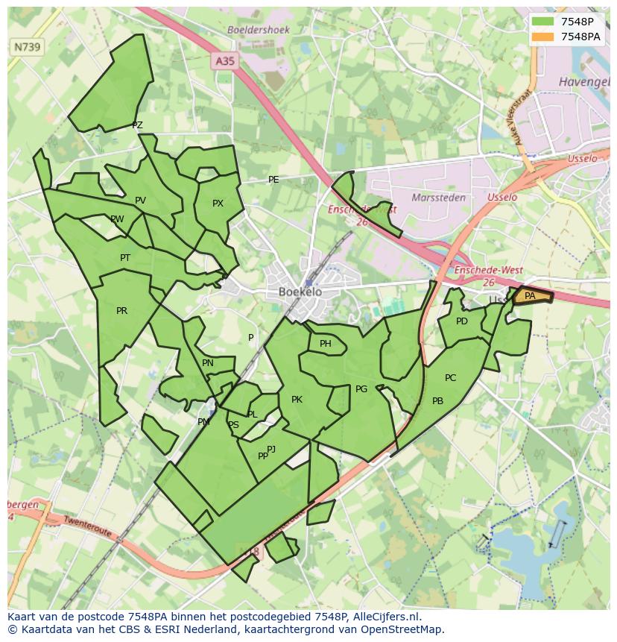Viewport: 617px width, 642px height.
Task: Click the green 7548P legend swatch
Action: (x=543, y=22)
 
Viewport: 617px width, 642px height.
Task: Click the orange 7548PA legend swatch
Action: (x=543, y=37)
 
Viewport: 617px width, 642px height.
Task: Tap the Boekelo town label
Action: (x=300, y=292)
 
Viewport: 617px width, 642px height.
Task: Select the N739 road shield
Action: (x=28, y=47)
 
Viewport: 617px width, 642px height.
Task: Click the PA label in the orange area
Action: (x=530, y=296)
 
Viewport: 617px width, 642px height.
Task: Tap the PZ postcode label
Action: (x=137, y=125)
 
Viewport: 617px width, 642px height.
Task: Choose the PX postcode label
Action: (x=218, y=204)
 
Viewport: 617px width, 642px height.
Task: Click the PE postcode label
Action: (x=273, y=180)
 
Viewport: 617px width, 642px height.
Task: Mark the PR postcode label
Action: (x=121, y=311)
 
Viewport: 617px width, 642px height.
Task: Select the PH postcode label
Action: (x=325, y=344)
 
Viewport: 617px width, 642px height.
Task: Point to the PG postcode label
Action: (x=361, y=389)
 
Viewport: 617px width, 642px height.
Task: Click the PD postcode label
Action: (x=462, y=321)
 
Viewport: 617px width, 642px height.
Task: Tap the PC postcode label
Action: (x=450, y=378)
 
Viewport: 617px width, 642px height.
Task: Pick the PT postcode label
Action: (x=125, y=258)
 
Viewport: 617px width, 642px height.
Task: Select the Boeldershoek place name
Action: (x=259, y=30)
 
